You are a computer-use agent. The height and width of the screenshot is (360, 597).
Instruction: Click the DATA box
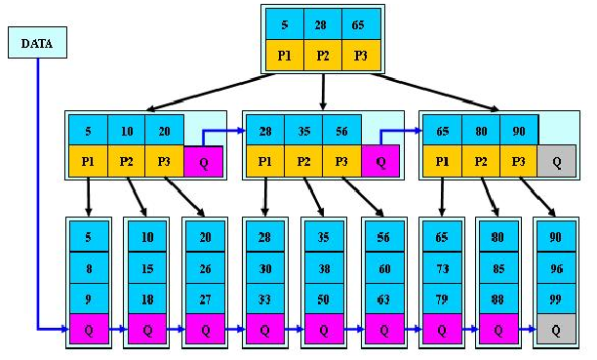(x=37, y=42)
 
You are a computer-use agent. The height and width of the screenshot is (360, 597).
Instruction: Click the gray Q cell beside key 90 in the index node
(x=556, y=160)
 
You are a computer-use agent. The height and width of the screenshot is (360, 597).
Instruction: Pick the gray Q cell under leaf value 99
(x=556, y=330)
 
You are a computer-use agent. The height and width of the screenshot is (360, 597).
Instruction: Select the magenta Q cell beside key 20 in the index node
(x=202, y=160)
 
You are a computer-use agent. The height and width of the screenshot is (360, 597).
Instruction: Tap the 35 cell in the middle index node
(x=303, y=129)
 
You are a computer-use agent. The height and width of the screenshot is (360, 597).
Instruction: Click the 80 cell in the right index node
(x=481, y=129)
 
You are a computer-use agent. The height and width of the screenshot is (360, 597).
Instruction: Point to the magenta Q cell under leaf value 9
(x=89, y=330)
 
